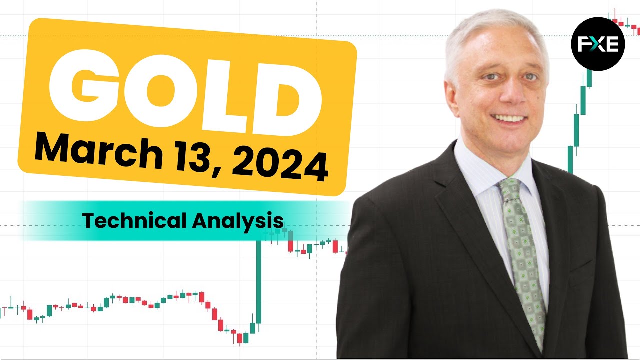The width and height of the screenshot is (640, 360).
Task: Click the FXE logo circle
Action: click(598, 44)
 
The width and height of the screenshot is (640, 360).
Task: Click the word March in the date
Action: click(99, 151)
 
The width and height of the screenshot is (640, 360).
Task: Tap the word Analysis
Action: click(238, 221)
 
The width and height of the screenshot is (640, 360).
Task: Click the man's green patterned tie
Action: click(522, 257)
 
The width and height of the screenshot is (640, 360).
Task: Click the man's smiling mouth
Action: click(509, 118)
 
